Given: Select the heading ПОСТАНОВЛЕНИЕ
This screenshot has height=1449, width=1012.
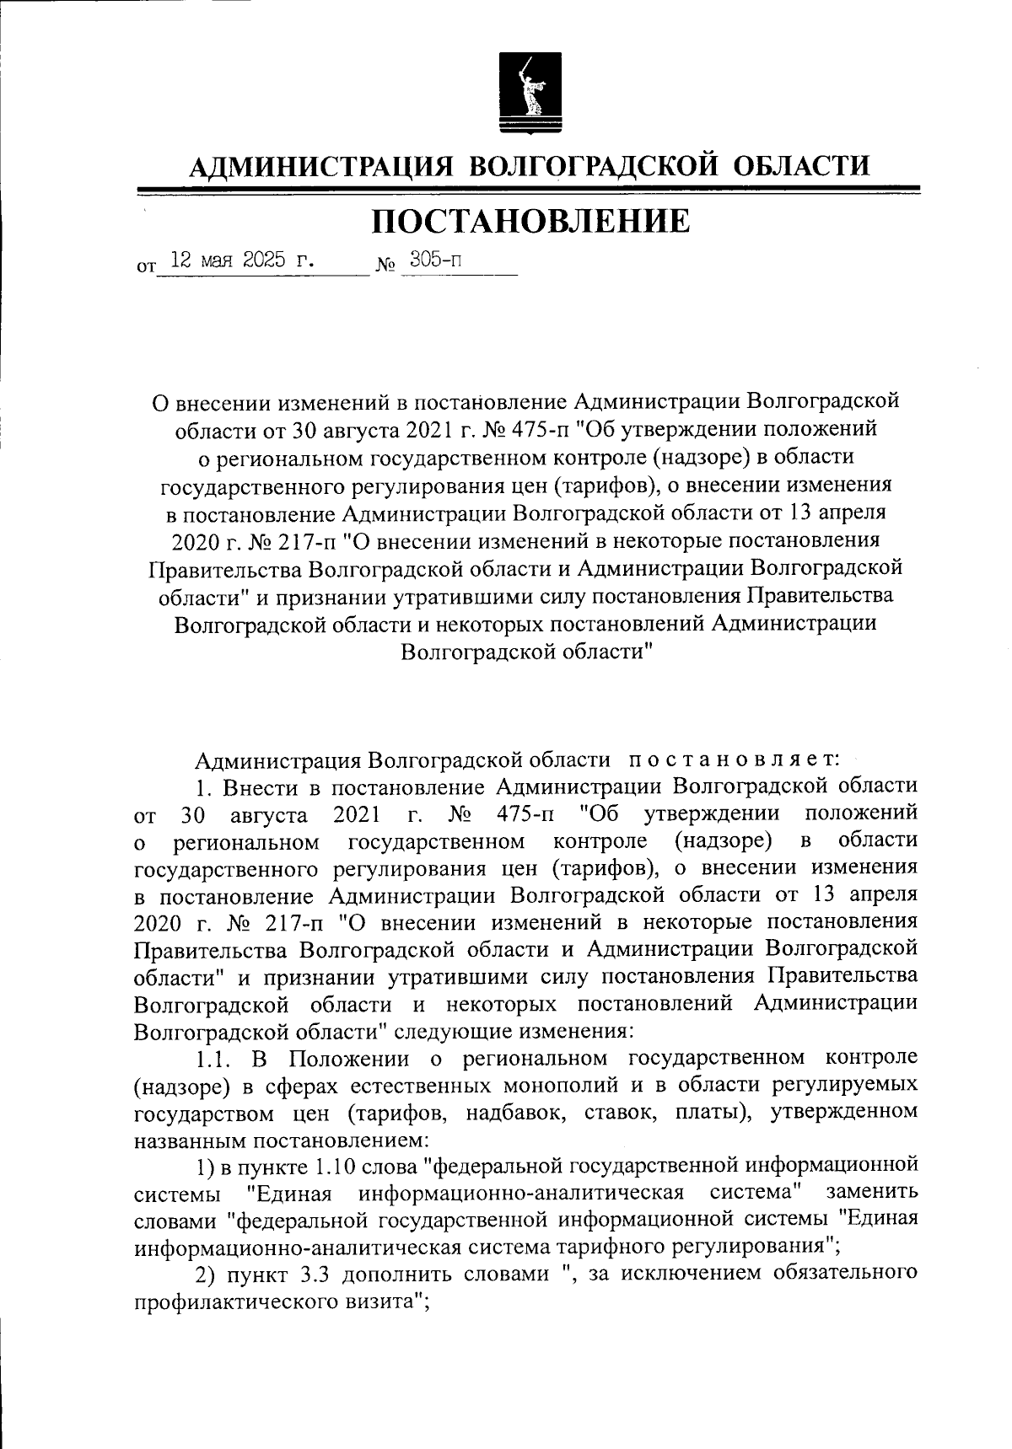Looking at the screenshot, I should (x=530, y=221).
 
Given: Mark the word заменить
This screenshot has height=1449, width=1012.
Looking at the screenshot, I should (x=871, y=1194).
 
